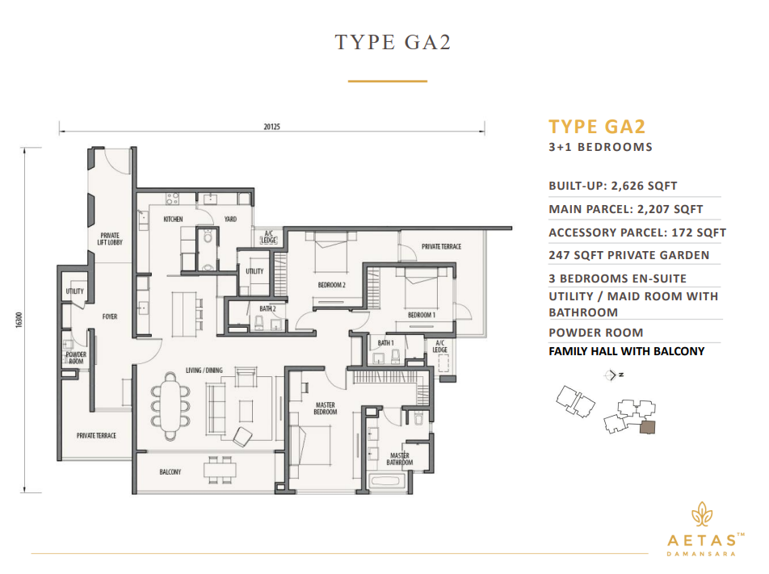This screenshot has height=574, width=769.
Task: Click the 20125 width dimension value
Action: pos(271,127)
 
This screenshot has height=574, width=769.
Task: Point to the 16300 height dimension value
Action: pos(17,321)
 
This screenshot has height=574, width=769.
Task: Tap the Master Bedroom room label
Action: pos(325,409)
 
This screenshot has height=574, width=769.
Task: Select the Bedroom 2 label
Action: pos(331,285)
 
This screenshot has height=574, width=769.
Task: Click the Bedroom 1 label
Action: pos(421,314)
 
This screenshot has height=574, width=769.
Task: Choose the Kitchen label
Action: pos(174,219)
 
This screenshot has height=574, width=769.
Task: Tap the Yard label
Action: pos(229,219)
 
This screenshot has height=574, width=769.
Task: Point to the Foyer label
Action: pos(109,316)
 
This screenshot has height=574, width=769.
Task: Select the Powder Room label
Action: pos(75,358)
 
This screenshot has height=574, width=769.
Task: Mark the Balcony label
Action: pos(170,471)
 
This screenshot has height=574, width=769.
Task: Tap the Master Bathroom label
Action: pos(399,459)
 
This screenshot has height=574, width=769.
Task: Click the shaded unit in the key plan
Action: pos(648,428)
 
